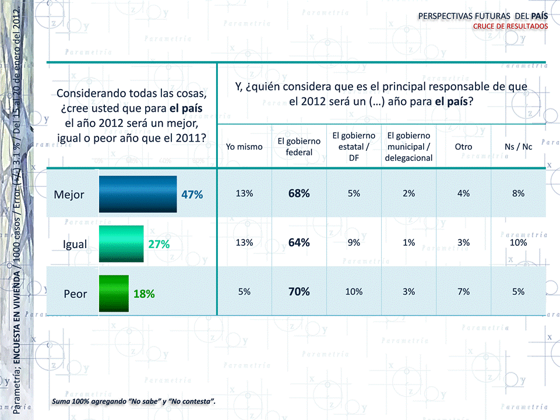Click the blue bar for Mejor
pyautogui.click(x=138, y=194)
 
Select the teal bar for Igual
pyautogui.click(x=121, y=243)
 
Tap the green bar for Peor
pyautogui.click(x=113, y=294)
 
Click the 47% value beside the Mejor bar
pyautogui.click(x=192, y=195)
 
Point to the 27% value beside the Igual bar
pyautogui.click(x=159, y=244)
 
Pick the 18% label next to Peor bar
pyautogui.click(x=144, y=294)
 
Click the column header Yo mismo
pyautogui.click(x=244, y=147)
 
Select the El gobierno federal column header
pyautogui.click(x=299, y=147)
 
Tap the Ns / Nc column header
pyautogui.click(x=519, y=147)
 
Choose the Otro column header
pyautogui.click(x=463, y=147)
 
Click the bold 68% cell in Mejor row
pyautogui.click(x=299, y=193)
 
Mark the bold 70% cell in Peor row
pyautogui.click(x=299, y=292)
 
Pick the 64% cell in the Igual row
pyautogui.click(x=299, y=242)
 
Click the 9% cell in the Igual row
pyautogui.click(x=354, y=243)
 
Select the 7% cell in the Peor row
pyautogui.click(x=463, y=292)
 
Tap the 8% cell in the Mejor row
pyautogui.click(x=519, y=193)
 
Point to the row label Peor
pyautogui.click(x=75, y=294)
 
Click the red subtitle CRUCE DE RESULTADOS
pyautogui.click(x=510, y=26)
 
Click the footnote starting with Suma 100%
pyautogui.click(x=133, y=401)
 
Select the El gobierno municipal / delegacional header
pyautogui.click(x=408, y=147)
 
